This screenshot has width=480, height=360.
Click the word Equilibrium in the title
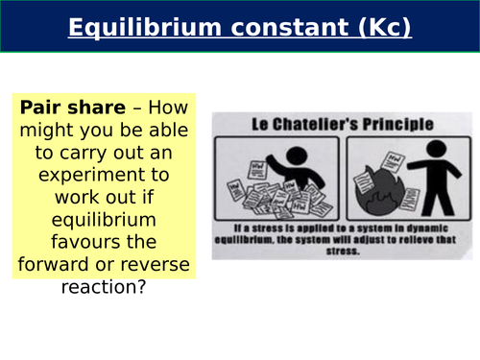pos(131,28)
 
